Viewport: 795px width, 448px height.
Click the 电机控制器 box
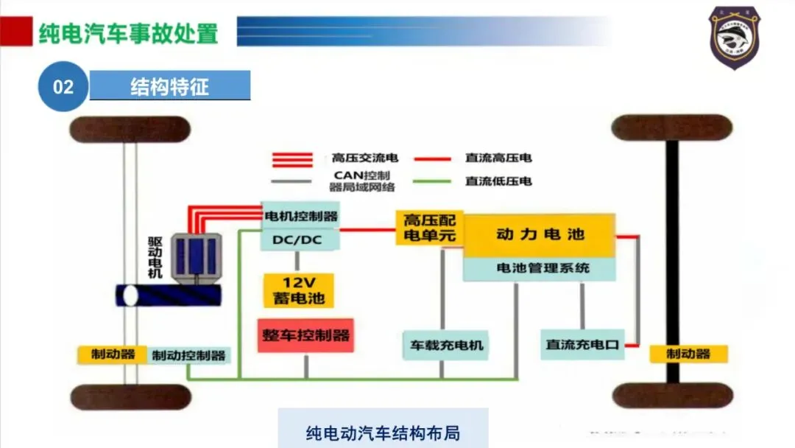point(300,216)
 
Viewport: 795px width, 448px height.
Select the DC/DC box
point(300,240)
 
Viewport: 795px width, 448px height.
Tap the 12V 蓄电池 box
point(298,290)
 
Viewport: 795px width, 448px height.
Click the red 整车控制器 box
point(305,335)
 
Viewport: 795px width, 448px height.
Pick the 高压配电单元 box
point(429,228)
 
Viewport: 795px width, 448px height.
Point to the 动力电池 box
point(540,235)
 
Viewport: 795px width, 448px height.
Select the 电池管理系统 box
point(540,268)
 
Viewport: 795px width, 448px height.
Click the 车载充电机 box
point(445,344)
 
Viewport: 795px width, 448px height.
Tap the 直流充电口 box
point(582,344)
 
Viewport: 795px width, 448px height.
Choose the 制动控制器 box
point(188,355)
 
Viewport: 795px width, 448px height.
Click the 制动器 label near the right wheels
point(688,354)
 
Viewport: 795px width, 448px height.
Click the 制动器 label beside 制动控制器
point(113,354)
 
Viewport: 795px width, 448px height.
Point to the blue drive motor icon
point(196,256)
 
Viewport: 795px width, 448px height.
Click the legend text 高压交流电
point(364,158)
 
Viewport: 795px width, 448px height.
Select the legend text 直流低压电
point(498,181)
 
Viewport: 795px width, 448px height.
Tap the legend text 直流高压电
point(498,158)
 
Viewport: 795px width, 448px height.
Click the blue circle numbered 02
point(63,86)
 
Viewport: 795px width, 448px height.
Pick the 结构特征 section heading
point(170,86)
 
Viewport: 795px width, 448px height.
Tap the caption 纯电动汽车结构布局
point(383,432)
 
